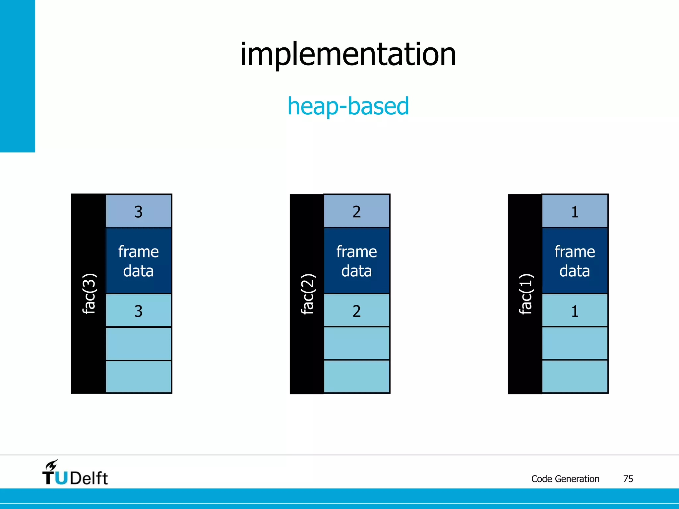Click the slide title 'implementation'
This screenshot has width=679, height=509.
[348, 55]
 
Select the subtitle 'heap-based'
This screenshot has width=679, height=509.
[348, 106]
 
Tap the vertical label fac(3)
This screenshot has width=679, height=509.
[89, 294]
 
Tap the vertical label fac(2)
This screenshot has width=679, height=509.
[307, 294]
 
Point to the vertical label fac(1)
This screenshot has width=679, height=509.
[525, 294]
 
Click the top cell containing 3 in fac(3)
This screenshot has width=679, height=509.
[139, 211]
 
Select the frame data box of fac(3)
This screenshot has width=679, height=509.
[139, 261]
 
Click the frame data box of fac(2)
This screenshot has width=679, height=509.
[357, 261]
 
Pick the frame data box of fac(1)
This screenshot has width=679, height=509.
[575, 261]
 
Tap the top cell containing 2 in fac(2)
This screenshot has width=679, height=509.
[357, 211]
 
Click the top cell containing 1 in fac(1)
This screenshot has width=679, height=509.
[575, 211]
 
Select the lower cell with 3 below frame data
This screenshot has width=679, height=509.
[139, 311]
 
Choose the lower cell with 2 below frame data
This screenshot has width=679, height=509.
[357, 311]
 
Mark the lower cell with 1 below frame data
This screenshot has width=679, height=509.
[575, 311]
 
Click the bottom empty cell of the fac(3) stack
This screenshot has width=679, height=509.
[139, 377]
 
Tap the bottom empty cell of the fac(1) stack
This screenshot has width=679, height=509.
[575, 377]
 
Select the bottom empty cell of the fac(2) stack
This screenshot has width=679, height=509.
[357, 377]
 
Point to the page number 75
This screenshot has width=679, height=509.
[628, 479]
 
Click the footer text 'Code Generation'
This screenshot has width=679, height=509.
[565, 479]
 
